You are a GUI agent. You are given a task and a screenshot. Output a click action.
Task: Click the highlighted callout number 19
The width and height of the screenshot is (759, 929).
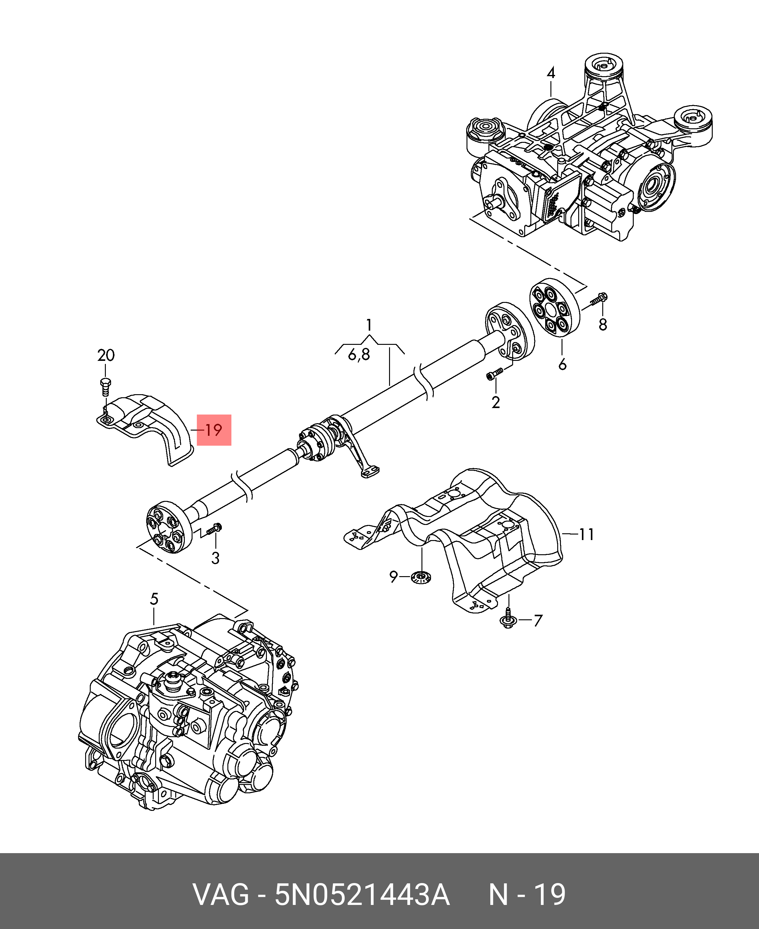pos(214,430)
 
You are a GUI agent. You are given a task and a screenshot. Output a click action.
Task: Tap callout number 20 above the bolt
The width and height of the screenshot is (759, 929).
pos(106,355)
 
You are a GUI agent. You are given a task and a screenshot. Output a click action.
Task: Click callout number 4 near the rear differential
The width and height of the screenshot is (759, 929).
pos(551,73)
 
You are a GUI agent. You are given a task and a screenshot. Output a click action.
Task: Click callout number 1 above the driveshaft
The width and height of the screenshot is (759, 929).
pos(369,325)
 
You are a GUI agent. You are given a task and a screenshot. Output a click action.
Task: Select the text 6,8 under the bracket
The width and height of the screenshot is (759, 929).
pos(359,354)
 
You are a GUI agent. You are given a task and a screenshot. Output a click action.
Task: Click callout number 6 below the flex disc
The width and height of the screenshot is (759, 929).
pos(562,364)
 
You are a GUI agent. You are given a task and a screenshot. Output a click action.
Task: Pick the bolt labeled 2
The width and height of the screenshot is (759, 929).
pos(495,374)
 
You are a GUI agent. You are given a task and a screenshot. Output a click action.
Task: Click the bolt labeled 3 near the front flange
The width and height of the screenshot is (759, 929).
pos(214,529)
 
